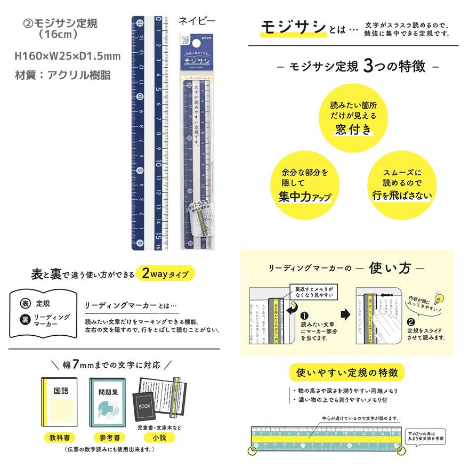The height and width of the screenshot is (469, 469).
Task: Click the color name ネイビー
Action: [197, 22]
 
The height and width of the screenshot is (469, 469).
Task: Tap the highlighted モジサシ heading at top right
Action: [293, 28]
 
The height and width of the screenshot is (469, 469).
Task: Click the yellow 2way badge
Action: [165, 274]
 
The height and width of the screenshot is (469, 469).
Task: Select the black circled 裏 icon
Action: [25, 320]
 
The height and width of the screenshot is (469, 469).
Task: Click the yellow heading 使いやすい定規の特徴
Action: [347, 371]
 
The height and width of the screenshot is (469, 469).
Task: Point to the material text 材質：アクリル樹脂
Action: [63, 75]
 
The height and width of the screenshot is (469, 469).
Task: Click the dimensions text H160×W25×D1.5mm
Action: [67, 56]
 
